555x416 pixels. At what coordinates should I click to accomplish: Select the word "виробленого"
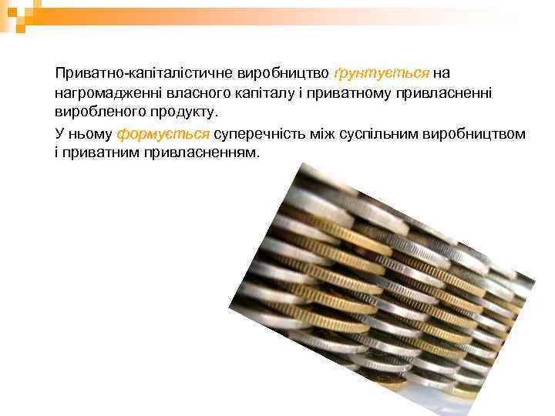pyautogui.click(x=97, y=112)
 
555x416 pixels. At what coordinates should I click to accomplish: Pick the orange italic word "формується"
pyautogui.click(x=163, y=134)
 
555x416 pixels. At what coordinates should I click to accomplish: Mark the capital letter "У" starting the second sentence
pyautogui.click(x=59, y=134)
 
